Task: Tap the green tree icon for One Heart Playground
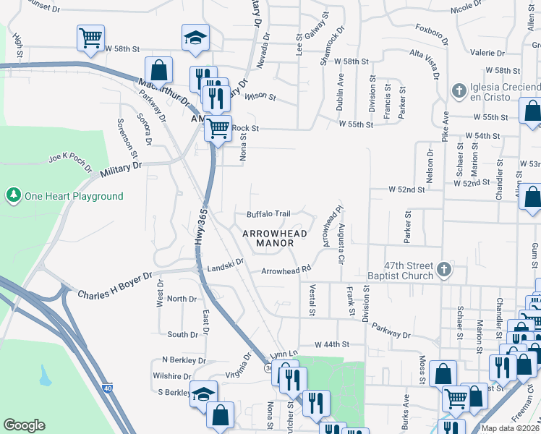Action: coord(12,195)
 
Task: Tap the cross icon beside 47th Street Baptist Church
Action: coord(445,271)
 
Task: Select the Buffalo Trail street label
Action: coord(268,214)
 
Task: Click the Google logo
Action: coord(25,425)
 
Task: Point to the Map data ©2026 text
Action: coord(511,428)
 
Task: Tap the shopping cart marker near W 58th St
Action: coord(90,38)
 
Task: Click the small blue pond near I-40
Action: coord(46,375)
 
